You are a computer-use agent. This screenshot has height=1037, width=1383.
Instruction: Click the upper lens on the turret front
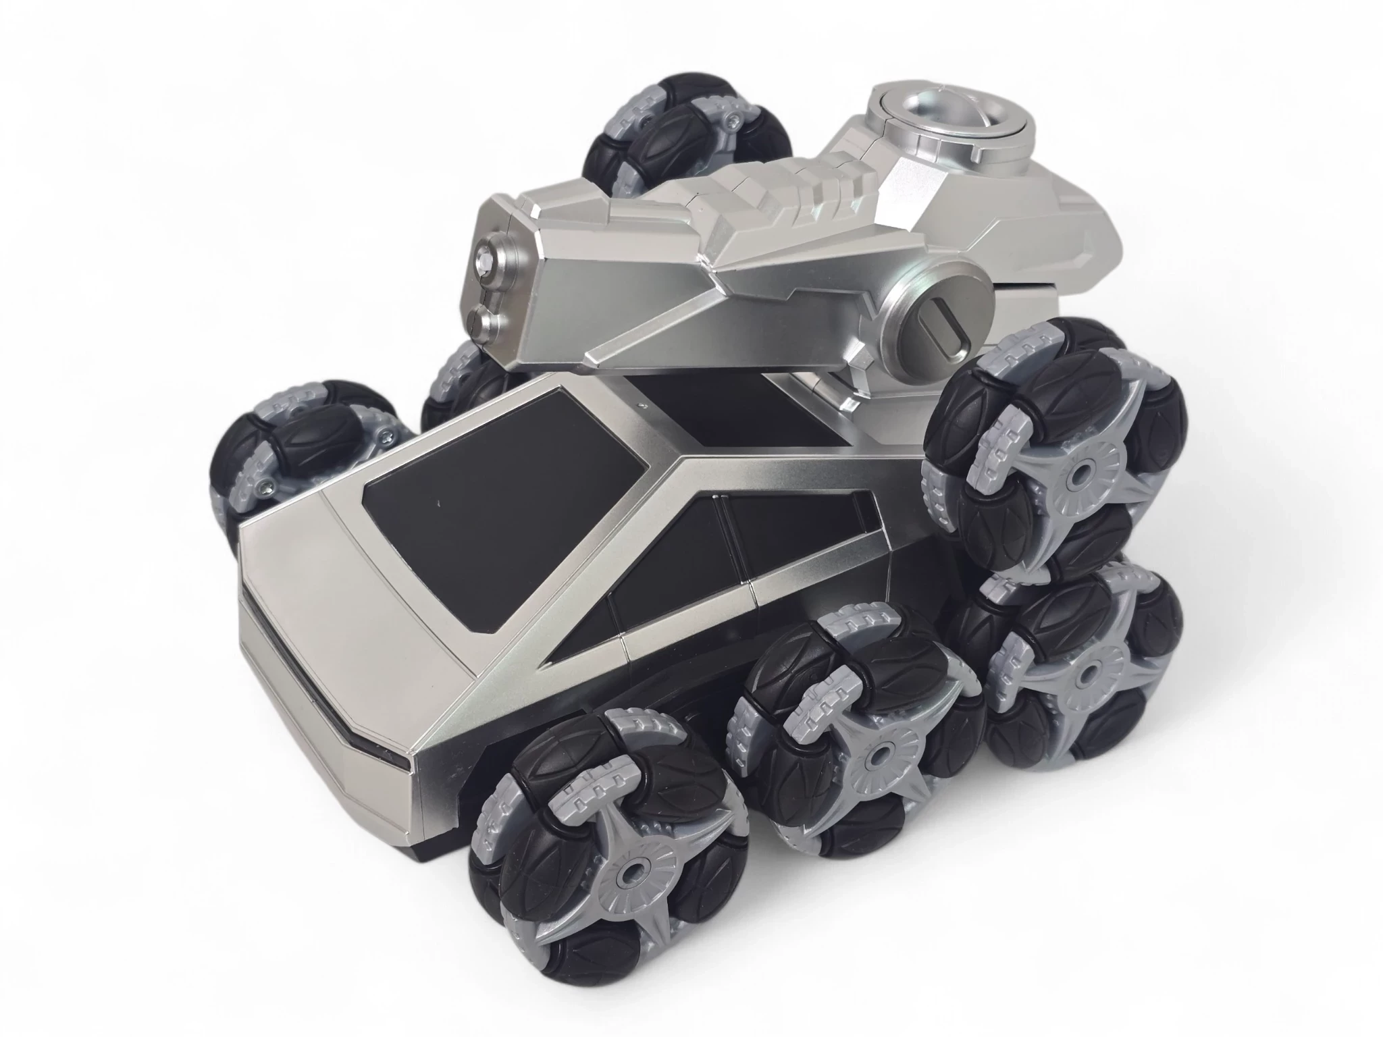pos(487,258)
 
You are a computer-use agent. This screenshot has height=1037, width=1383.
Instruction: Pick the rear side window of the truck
pos(797,533)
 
